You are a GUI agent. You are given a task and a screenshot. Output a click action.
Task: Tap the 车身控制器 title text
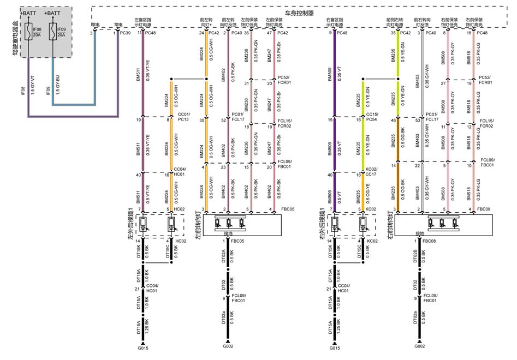click(x=300, y=13)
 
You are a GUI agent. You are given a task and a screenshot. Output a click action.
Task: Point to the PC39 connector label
click(x=126, y=33)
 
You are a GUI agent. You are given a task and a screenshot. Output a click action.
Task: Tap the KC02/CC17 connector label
click(x=372, y=171)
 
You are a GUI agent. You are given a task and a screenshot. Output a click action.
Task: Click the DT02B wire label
click(x=415, y=255)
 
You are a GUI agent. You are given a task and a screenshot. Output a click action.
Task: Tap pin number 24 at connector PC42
click(x=201, y=33)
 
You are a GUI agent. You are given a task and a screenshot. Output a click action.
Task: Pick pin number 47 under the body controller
click(x=269, y=33)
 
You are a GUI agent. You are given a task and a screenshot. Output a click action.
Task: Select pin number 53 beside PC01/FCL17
click(x=418, y=119)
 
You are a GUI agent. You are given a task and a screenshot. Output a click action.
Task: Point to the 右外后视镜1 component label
click(x=325, y=225)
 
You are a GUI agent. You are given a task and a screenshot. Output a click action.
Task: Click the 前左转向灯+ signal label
click(x=206, y=21)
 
